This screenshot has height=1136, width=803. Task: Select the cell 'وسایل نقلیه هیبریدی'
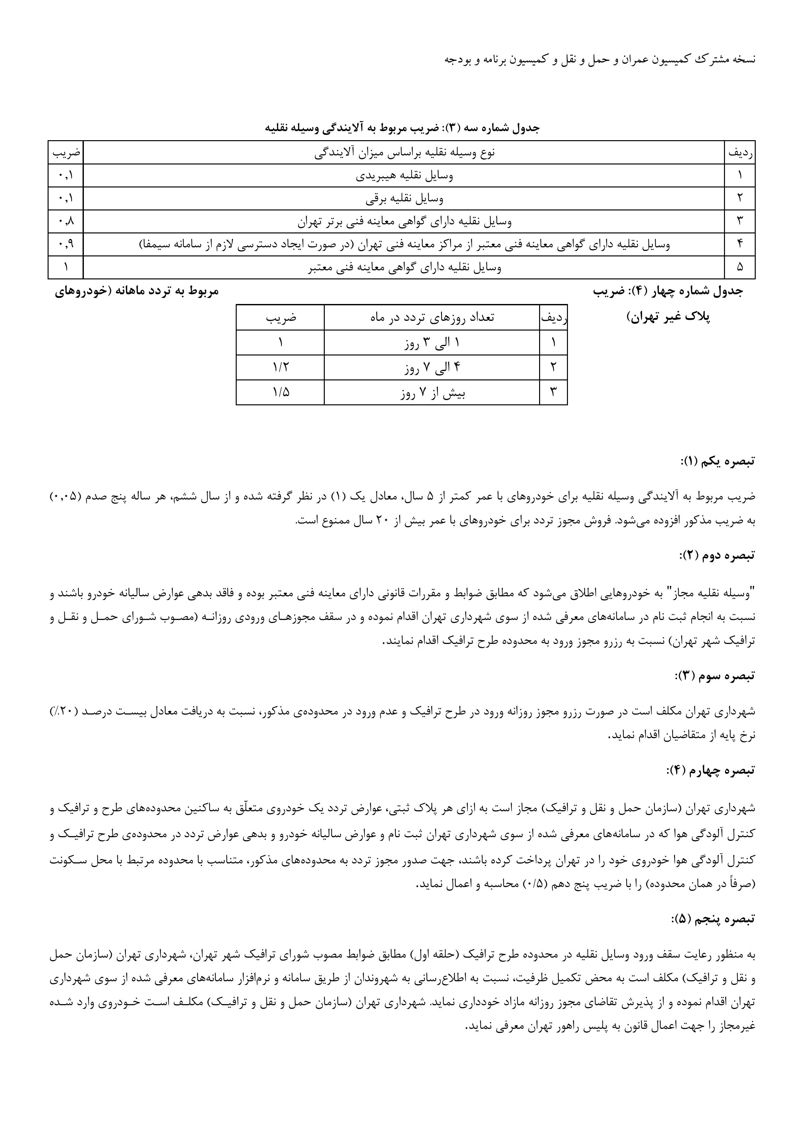(x=404, y=175)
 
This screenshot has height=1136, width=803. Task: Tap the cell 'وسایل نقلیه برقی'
(x=404, y=198)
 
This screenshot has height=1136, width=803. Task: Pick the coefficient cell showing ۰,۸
(x=66, y=221)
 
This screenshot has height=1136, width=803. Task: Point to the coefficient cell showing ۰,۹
(x=66, y=244)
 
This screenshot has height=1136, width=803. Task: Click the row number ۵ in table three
(x=740, y=267)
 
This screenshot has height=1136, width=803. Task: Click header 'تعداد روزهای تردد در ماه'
(x=432, y=318)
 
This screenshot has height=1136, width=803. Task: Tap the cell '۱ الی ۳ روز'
(x=432, y=343)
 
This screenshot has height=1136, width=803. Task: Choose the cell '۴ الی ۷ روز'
(x=432, y=368)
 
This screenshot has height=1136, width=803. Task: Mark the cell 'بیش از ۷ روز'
(x=432, y=392)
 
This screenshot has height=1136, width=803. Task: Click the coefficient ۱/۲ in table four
(x=280, y=368)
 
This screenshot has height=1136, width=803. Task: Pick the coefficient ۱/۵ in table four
(x=280, y=392)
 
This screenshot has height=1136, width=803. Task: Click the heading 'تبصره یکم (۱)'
(x=718, y=461)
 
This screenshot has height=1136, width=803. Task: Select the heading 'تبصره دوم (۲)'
(x=718, y=555)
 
